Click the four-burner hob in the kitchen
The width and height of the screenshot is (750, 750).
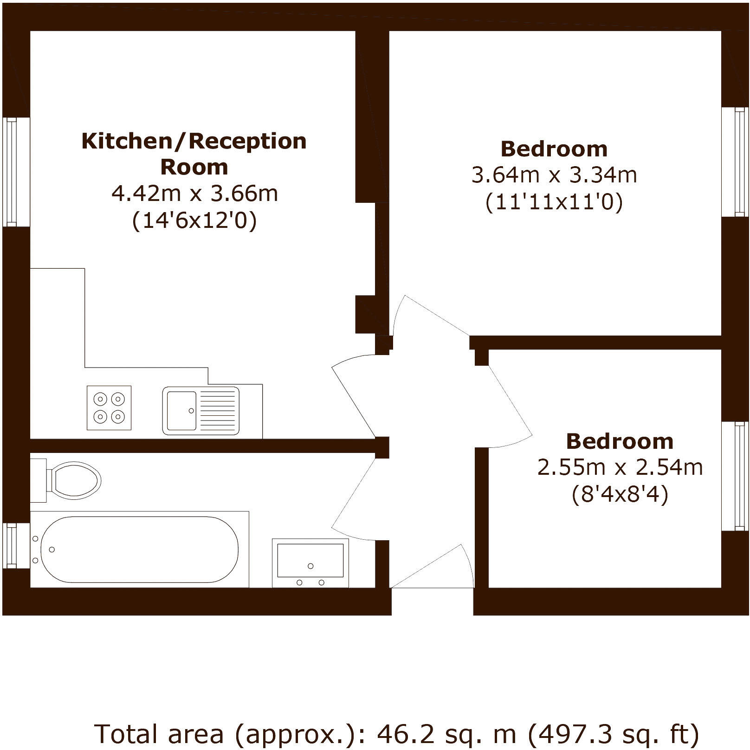109,407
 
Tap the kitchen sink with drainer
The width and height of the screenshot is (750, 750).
201,411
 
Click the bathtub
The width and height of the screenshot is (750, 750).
139,549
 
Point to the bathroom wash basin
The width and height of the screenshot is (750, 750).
310,562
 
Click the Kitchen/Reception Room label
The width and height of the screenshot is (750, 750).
194,154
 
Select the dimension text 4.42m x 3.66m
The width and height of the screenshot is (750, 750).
194,193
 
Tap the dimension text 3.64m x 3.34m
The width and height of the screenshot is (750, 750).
554,175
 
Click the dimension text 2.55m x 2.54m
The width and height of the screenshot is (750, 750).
620,467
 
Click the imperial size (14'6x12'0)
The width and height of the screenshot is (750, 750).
194,220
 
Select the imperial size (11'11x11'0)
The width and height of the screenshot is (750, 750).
554,202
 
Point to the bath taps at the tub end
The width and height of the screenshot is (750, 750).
36,550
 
